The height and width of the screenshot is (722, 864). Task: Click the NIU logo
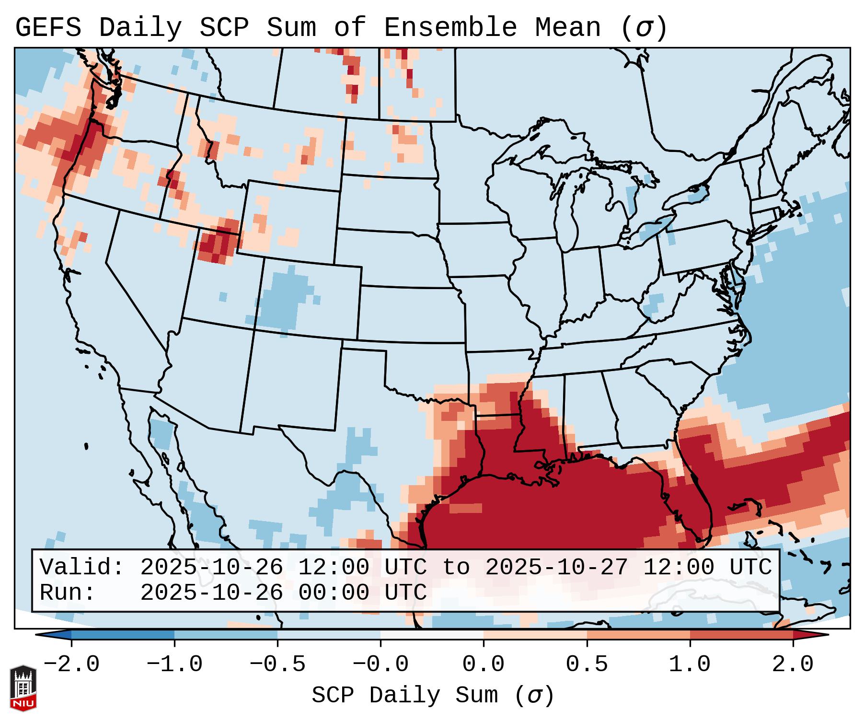[23, 688]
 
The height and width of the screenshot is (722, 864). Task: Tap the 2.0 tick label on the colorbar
[793, 664]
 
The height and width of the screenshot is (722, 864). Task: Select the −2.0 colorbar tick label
[71, 664]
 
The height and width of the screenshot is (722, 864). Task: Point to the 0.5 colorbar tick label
[587, 664]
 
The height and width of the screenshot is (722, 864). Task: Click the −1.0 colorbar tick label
[174, 664]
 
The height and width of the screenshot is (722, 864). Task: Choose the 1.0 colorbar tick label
[690, 664]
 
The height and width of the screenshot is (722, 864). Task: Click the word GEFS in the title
[48, 28]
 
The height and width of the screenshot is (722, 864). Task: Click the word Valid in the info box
[81, 567]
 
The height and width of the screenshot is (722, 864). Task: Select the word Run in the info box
[64, 593]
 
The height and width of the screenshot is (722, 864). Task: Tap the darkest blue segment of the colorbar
[123, 635]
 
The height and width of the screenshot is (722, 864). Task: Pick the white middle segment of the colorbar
[432, 635]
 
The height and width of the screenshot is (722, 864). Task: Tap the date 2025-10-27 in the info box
[556, 567]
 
